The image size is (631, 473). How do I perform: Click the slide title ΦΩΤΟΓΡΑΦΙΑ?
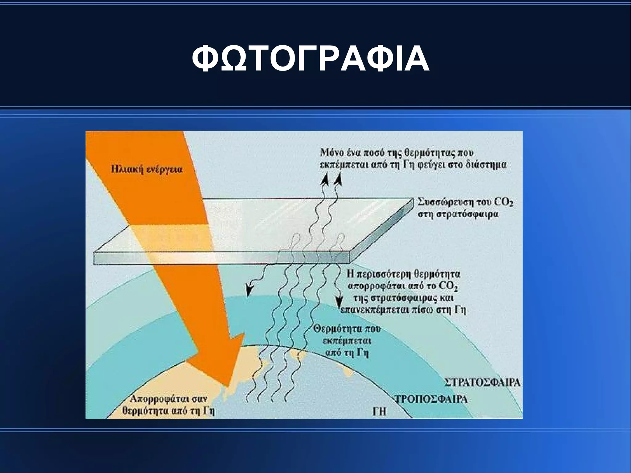point(311,59)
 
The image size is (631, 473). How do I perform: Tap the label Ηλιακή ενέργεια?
point(147,170)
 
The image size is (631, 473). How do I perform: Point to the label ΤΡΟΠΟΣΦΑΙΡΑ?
point(431,399)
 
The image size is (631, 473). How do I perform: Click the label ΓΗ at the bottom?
point(379,412)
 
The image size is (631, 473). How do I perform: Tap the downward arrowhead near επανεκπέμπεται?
point(340,302)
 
